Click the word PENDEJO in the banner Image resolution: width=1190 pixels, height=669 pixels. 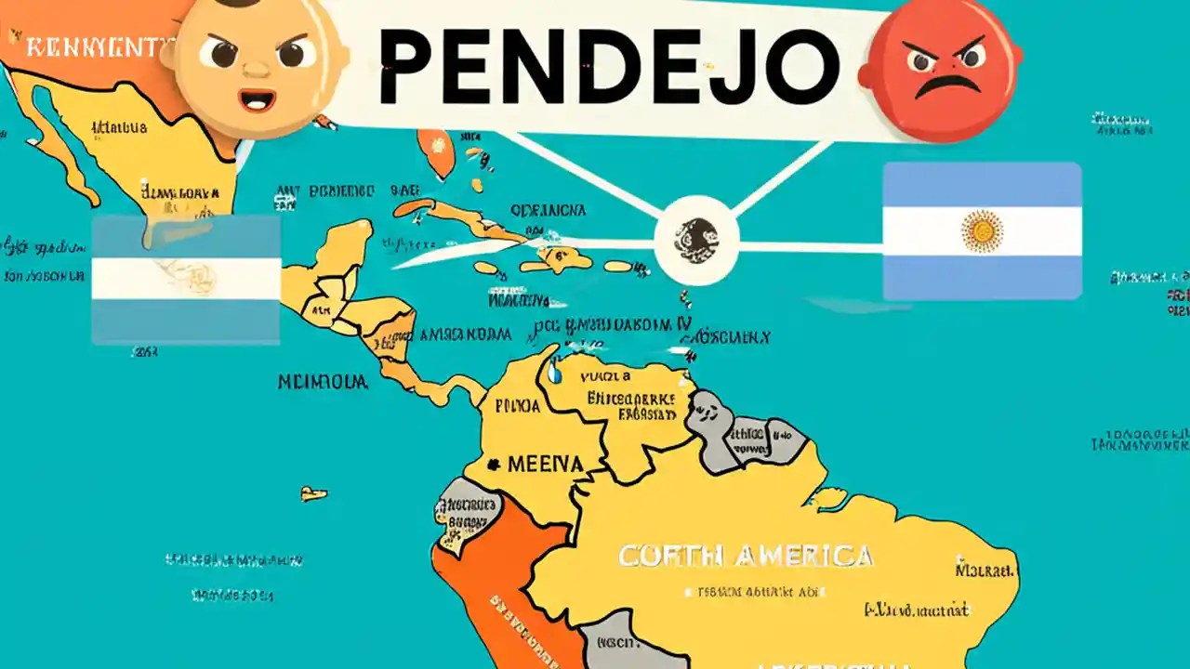click(609, 62)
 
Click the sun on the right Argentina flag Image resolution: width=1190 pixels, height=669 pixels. click(982, 231)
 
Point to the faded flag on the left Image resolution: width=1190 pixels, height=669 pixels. click(186, 279)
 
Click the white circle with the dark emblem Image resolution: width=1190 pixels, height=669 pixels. click(696, 240)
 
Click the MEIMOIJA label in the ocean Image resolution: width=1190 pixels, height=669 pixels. click(323, 381)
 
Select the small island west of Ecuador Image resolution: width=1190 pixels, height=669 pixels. click(313, 493)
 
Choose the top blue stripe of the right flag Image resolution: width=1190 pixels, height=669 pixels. click(982, 183)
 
